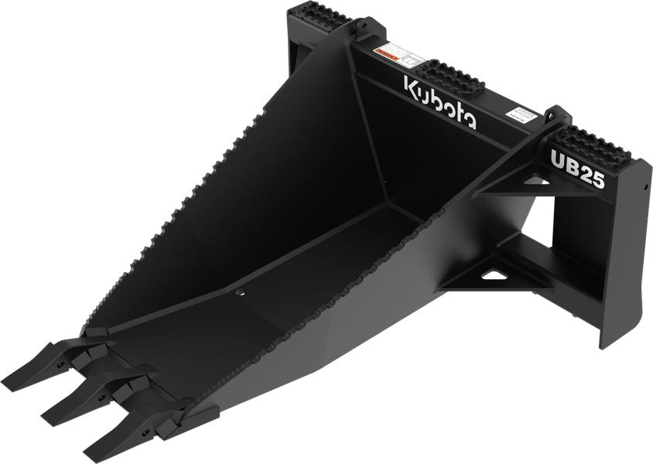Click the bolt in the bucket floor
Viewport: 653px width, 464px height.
pos(238,292)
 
